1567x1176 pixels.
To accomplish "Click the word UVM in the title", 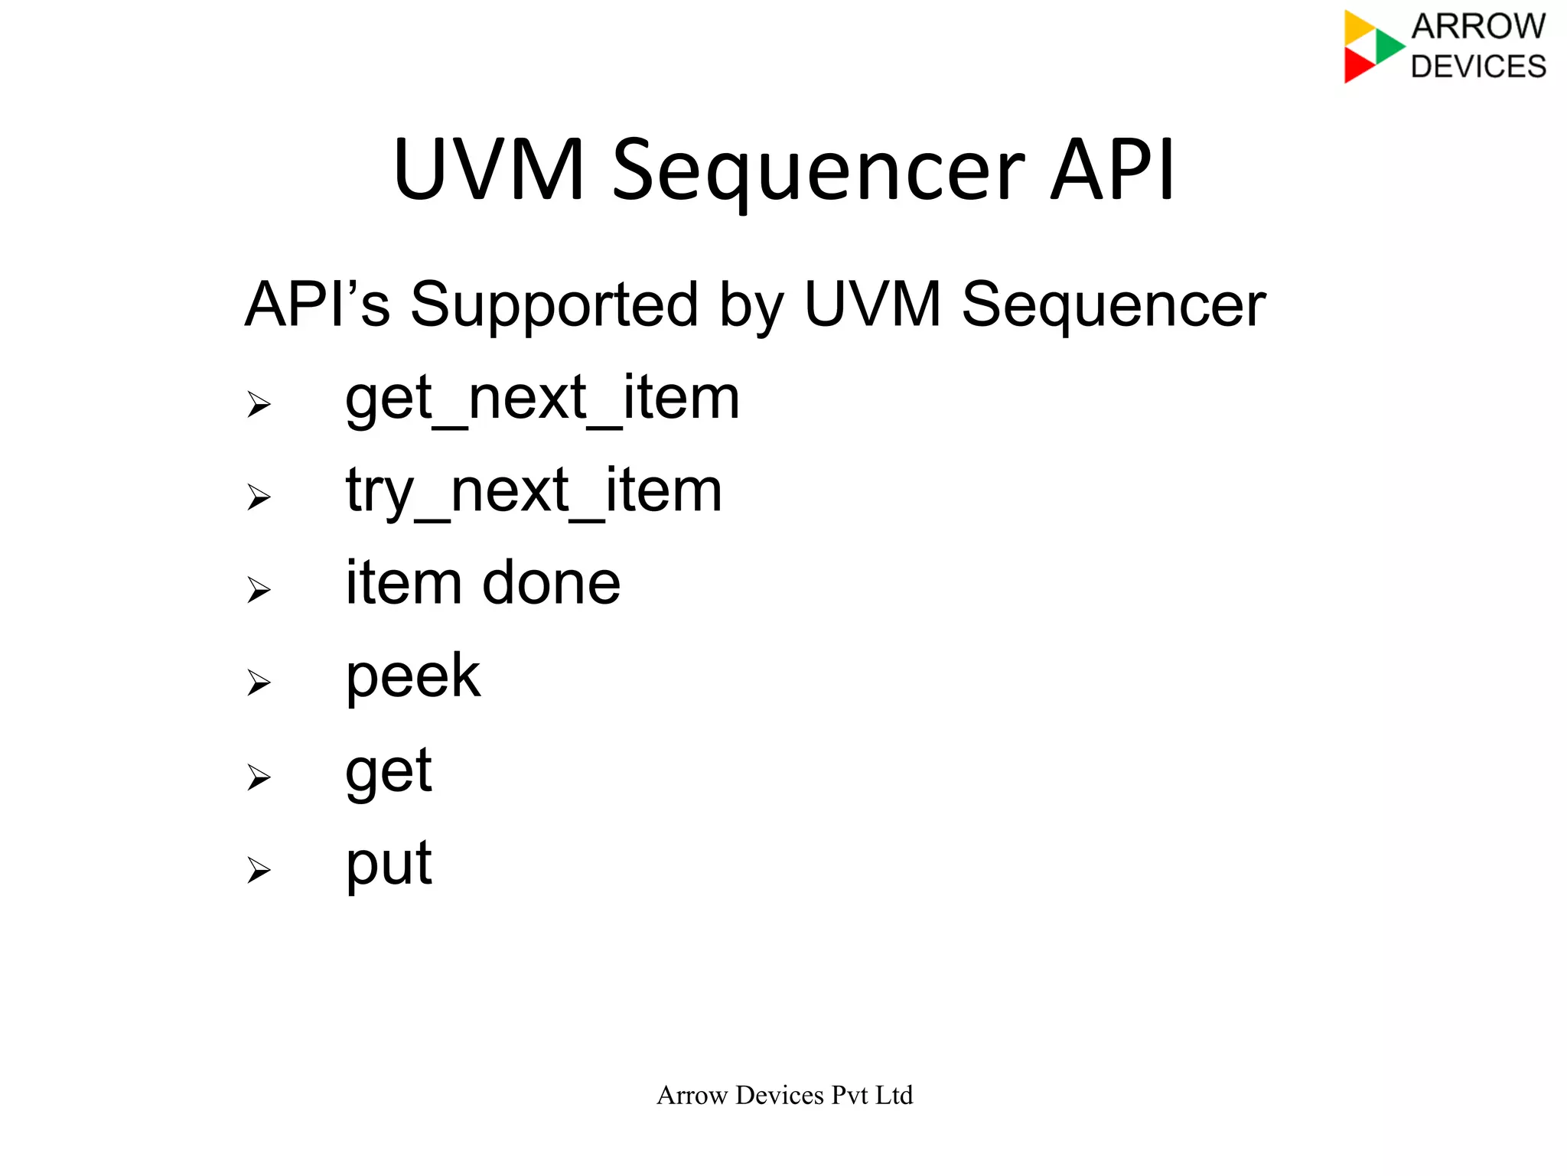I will tap(490, 170).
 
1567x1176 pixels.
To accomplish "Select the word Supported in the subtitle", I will tap(554, 305).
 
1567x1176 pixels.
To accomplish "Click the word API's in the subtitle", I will tap(317, 305).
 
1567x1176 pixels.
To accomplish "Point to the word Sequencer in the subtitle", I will tap(1113, 305).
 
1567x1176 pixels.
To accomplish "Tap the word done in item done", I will tap(551, 583).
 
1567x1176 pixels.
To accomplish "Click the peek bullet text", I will tap(413, 676).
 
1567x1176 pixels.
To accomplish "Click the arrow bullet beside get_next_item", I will tap(259, 404).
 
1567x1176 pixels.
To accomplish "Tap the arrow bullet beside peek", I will tap(259, 682).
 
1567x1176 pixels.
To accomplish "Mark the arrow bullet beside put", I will tap(259, 870).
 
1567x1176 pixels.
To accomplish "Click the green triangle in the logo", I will tap(1387, 46).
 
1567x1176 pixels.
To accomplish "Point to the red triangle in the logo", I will tap(1357, 66).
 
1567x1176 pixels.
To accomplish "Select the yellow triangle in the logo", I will tap(1357, 27).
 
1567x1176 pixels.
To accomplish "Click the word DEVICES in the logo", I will tap(1478, 67).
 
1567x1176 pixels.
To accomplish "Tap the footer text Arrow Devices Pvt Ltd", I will tap(784, 1095).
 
